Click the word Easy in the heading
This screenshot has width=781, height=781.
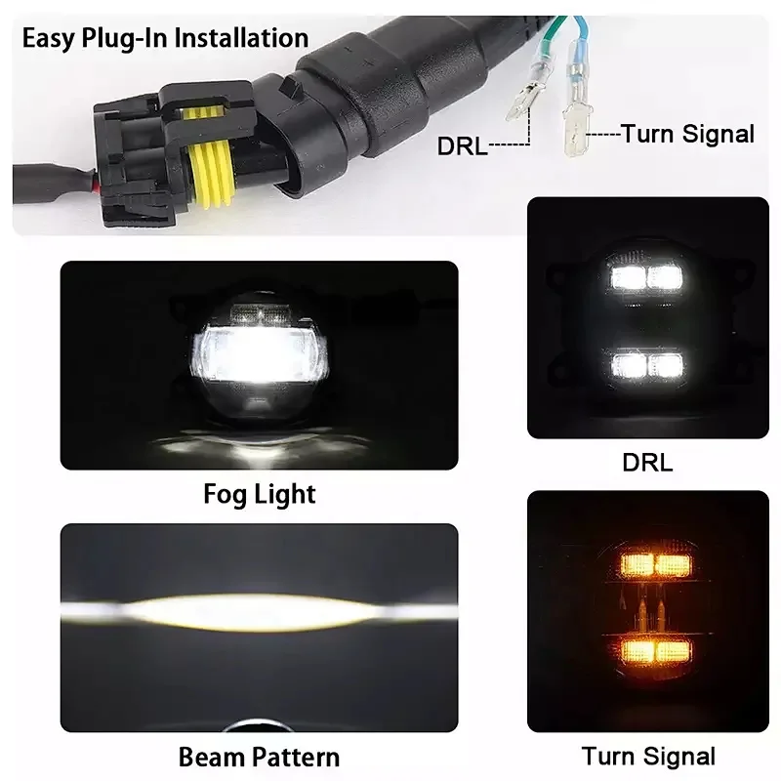(48, 39)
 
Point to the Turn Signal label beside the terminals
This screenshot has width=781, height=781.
(688, 135)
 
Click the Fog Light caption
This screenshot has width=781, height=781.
(260, 493)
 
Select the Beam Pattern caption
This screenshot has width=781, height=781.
(260, 757)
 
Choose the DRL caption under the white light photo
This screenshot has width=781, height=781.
(647, 463)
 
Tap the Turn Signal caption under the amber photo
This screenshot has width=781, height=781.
(648, 756)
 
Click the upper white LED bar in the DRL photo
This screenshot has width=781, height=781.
(646, 277)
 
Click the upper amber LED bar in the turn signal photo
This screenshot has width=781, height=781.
(646, 564)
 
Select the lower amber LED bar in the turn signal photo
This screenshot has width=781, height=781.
(646, 648)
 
